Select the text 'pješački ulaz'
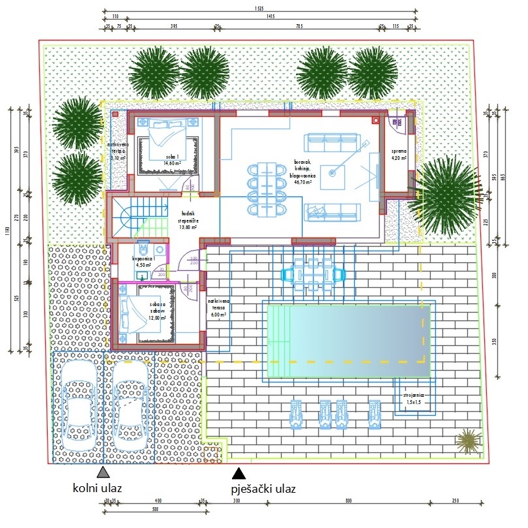tap(263, 489)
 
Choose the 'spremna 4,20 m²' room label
tap(399, 154)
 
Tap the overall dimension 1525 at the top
tap(260, 8)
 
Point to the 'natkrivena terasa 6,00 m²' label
tap(217, 307)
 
